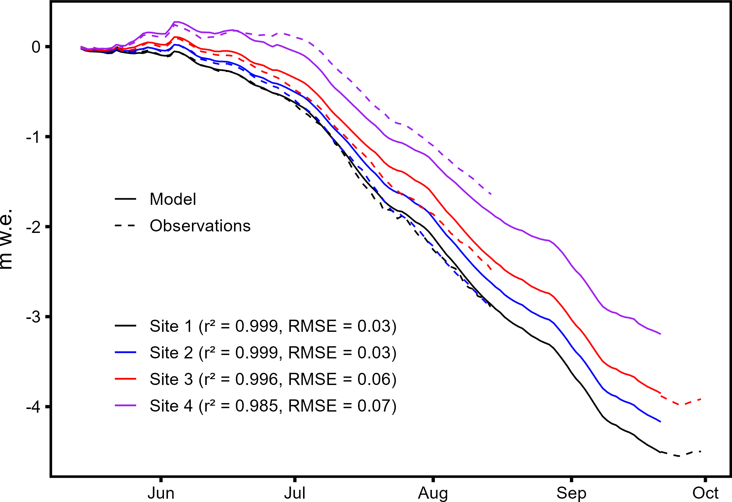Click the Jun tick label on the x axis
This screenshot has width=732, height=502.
pyautogui.click(x=161, y=493)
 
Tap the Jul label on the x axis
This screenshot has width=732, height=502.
pyautogui.click(x=295, y=493)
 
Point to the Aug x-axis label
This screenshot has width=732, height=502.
pyautogui.click(x=433, y=493)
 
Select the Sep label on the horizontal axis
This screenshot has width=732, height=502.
pyautogui.click(x=571, y=493)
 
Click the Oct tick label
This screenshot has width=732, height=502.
pyautogui.click(x=705, y=493)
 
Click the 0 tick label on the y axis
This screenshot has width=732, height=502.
pyautogui.click(x=36, y=47)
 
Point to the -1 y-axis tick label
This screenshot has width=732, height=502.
pyautogui.click(x=33, y=137)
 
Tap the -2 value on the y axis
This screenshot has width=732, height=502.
pyautogui.click(x=33, y=227)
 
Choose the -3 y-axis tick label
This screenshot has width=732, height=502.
pyautogui.click(x=33, y=317)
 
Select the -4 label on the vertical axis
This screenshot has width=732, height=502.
pyautogui.click(x=33, y=407)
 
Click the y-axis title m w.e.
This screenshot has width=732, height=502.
pyautogui.click(x=7, y=239)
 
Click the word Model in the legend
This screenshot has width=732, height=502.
pyautogui.click(x=173, y=199)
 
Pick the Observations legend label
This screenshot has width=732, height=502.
pyautogui.click(x=200, y=226)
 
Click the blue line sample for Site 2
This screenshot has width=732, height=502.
pyautogui.click(x=126, y=353)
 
